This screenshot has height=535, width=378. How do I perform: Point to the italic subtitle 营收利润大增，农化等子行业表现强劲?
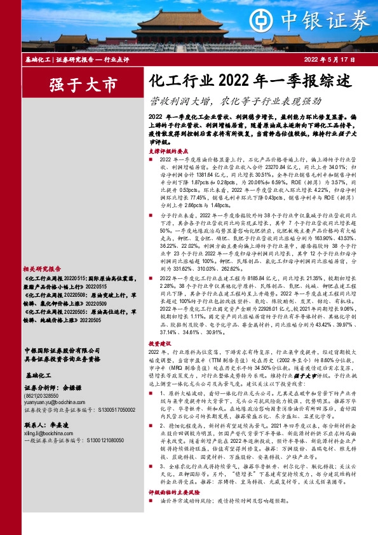tap(235, 101)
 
